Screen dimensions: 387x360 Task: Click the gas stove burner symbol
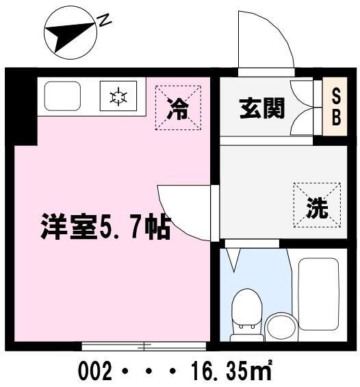(x=119, y=97)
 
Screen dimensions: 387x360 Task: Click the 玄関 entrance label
(x=261, y=108)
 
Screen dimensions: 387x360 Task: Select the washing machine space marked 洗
(x=317, y=205)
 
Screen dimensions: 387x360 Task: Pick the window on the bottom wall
(x=144, y=345)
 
